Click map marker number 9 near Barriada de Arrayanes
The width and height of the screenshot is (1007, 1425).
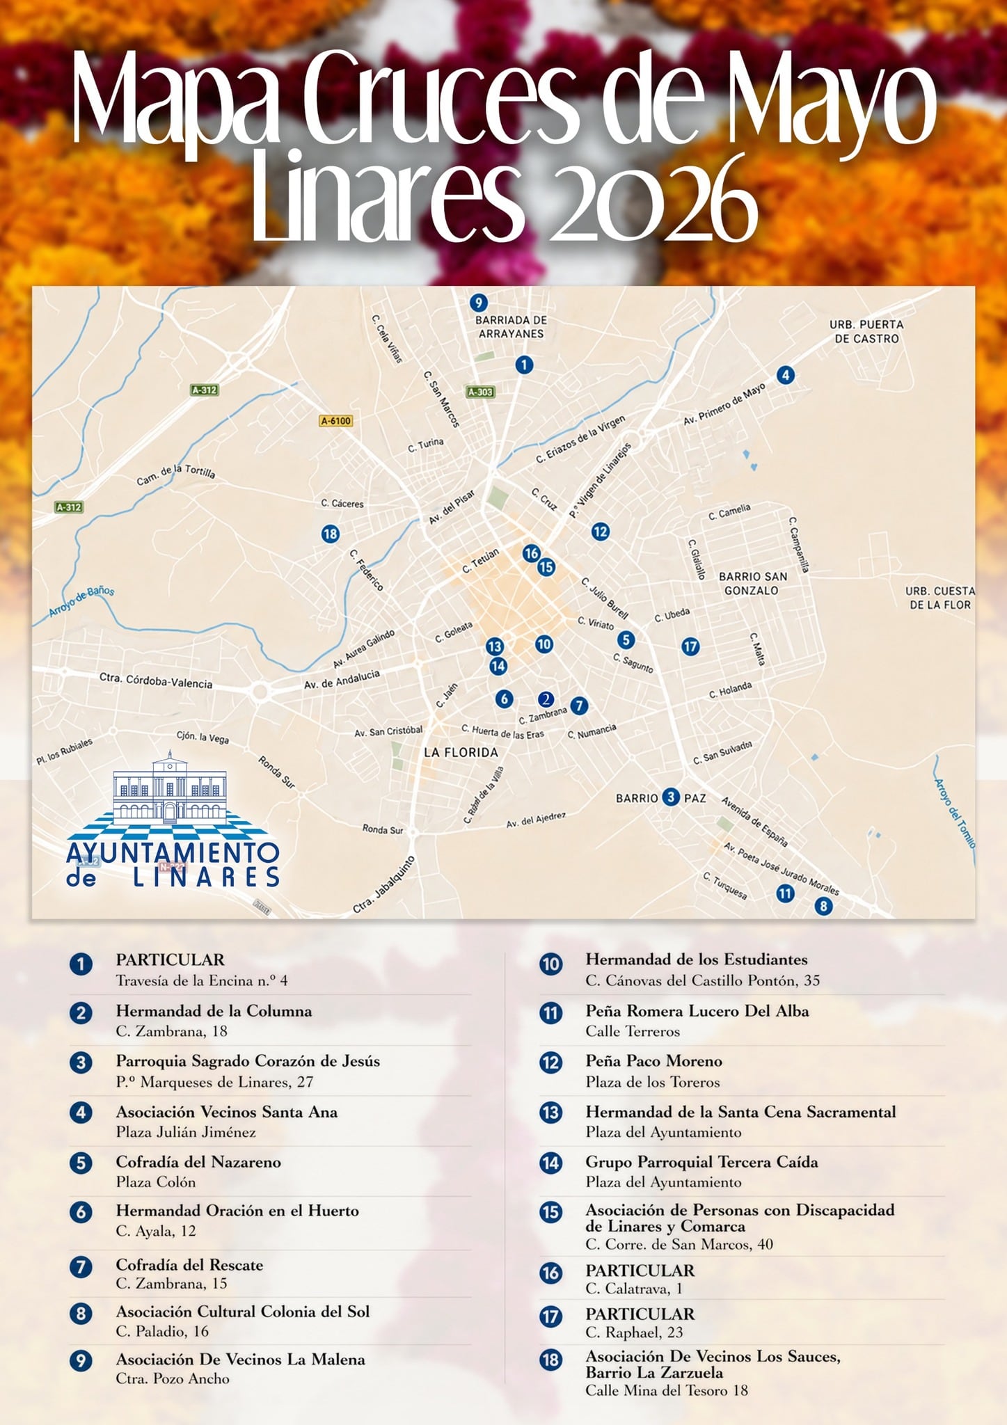tap(477, 303)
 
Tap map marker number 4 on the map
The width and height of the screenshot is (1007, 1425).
tap(785, 376)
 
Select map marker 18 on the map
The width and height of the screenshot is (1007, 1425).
tap(330, 534)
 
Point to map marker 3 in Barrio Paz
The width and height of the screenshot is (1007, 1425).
tap(670, 797)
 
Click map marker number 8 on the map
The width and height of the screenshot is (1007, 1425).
tap(823, 906)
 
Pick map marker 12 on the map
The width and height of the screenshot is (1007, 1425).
tap(600, 532)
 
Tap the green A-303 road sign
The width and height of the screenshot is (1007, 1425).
tap(480, 392)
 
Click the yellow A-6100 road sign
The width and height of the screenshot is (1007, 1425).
tap(336, 420)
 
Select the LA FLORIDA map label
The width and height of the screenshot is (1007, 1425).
tap(461, 752)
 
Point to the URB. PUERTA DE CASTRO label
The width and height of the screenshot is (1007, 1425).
tap(866, 331)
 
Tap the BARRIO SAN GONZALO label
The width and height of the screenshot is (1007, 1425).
tap(752, 583)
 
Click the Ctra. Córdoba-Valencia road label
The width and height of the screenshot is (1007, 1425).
tap(155, 680)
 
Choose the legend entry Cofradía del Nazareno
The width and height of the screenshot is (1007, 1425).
tap(198, 1162)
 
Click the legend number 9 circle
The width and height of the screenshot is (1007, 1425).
tap(81, 1360)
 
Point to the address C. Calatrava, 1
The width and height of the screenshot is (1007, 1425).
tap(633, 1289)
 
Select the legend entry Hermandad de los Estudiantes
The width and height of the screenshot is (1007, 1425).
tap(696, 960)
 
